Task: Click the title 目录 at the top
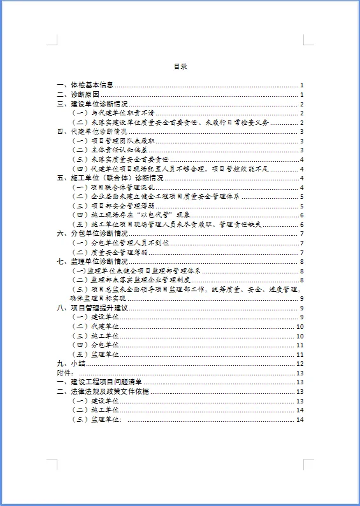pyautogui.click(x=180, y=66)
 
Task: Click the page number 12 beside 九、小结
pyautogui.click(x=299, y=363)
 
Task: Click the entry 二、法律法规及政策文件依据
pyautogui.click(x=103, y=391)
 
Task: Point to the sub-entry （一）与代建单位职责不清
pyautogui.click(x=112, y=113)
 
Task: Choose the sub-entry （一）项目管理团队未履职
pyautogui.click(x=112, y=141)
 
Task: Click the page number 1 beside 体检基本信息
pyautogui.click(x=301, y=85)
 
